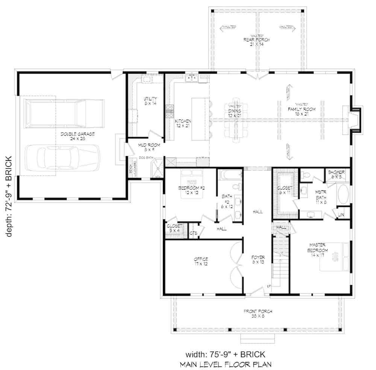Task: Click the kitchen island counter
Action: point(200,119)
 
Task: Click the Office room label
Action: point(201,261)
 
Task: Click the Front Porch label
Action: point(258,314)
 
